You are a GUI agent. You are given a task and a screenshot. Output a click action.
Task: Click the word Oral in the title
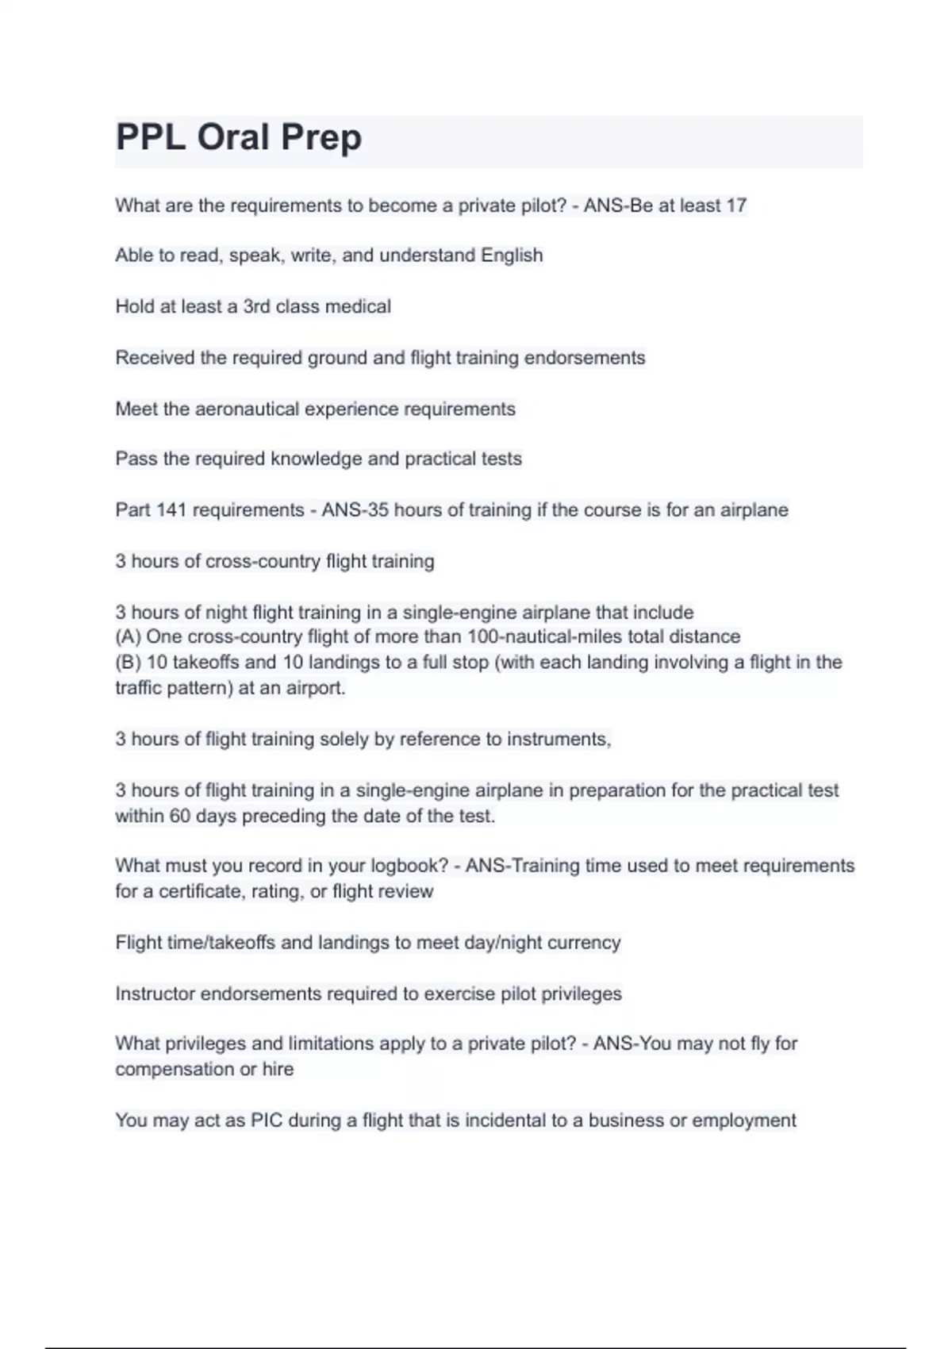point(232,138)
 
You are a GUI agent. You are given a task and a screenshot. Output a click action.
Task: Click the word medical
point(358,306)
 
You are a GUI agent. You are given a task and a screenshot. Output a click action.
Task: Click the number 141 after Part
point(171,510)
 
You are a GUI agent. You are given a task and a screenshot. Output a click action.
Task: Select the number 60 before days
point(179,816)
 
